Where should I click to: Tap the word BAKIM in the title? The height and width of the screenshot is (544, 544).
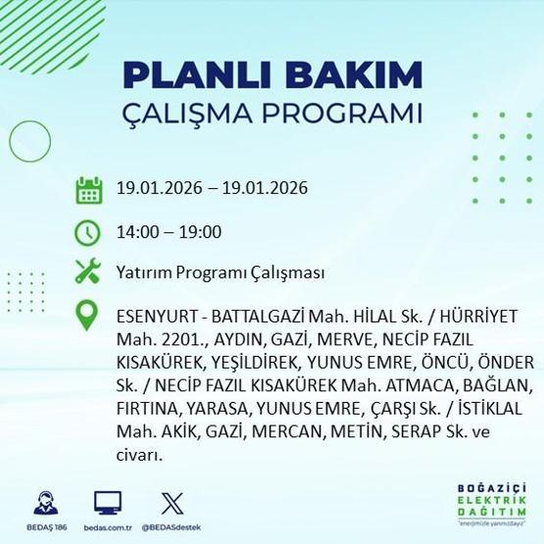351,76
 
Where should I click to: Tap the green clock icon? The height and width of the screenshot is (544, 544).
89,232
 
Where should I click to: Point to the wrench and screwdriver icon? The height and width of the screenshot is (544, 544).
89,273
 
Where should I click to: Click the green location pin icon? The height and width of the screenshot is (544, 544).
89,316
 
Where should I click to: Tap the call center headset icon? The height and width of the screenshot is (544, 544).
42,503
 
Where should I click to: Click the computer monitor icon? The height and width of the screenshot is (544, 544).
108,503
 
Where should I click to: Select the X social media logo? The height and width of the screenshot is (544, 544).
171,503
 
